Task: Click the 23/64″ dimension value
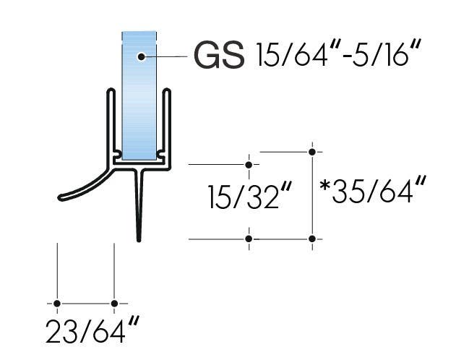[x=91, y=333]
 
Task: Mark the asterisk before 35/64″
[x=326, y=187]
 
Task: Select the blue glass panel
[x=139, y=101]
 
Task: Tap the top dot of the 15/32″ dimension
[x=249, y=165]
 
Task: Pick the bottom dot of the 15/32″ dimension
[x=249, y=239]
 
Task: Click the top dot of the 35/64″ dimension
[x=312, y=152]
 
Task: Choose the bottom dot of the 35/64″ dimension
[x=312, y=239]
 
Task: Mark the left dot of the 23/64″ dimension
[x=57, y=304]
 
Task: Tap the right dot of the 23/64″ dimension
[x=114, y=304]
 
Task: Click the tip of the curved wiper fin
[x=61, y=197]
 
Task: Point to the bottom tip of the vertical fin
[x=139, y=239]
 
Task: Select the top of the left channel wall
[x=111, y=91]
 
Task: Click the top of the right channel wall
[x=168, y=91]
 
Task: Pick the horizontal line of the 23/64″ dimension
[x=85, y=304]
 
